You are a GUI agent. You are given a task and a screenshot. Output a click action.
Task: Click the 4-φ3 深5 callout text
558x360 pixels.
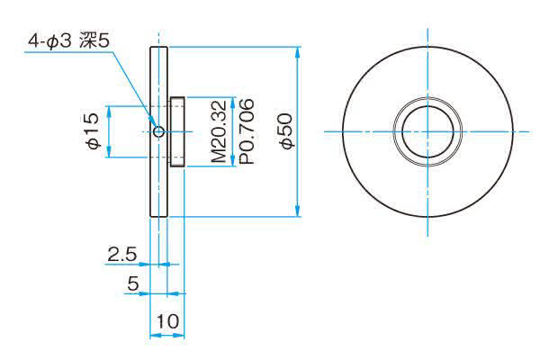[x=69, y=41]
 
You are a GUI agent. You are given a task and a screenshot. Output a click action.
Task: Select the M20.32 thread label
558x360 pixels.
[x=219, y=131]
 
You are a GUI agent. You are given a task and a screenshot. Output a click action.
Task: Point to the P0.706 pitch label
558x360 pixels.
[x=247, y=131]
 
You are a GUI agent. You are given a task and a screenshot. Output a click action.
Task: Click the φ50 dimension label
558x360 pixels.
[x=286, y=131]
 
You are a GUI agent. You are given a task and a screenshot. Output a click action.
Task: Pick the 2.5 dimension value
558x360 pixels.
[x=122, y=254]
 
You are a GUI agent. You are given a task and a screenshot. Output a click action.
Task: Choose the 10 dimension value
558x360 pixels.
[x=167, y=321]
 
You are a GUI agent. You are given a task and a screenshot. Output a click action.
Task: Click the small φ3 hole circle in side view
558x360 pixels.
[x=158, y=132]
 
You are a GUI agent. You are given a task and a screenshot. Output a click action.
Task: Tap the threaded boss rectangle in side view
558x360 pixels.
[x=177, y=131]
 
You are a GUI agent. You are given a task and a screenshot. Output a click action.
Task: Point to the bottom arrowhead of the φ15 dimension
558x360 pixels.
[x=109, y=152]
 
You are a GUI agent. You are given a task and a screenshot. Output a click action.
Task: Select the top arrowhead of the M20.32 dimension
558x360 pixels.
[x=233, y=102]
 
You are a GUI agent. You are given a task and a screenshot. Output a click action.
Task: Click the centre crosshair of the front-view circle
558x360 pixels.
[x=427, y=132]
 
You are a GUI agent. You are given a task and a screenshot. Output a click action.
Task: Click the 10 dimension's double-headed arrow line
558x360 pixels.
[x=167, y=335]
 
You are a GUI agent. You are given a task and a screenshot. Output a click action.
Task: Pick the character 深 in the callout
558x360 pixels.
[x=86, y=41]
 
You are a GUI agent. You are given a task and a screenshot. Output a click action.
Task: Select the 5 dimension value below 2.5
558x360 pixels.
[x=132, y=283]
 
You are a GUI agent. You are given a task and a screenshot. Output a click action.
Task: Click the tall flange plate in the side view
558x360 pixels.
[x=158, y=131]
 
